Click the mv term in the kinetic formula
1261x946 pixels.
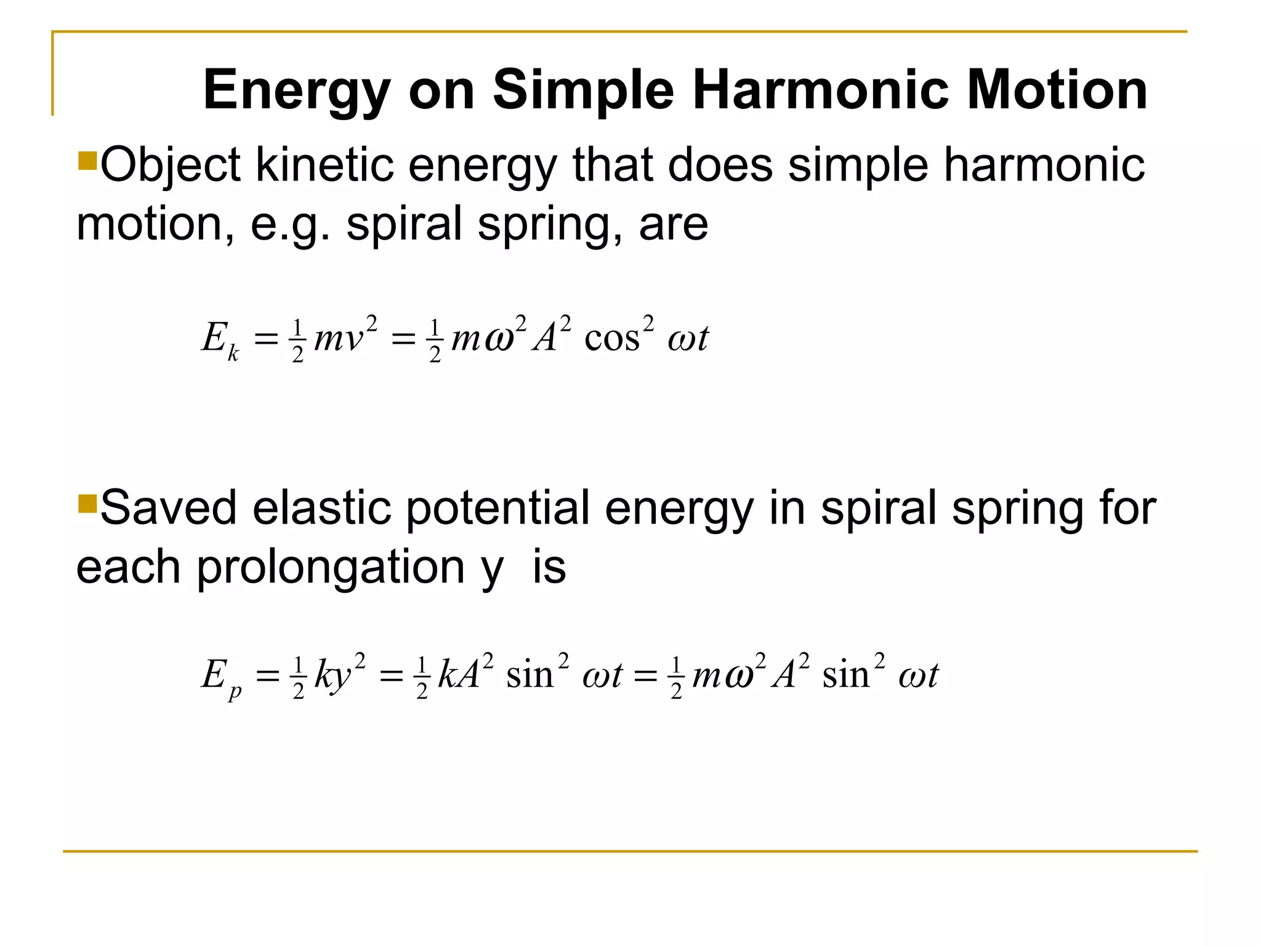tap(339, 339)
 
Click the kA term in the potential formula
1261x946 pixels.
tap(459, 675)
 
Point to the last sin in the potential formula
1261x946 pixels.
tap(846, 675)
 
